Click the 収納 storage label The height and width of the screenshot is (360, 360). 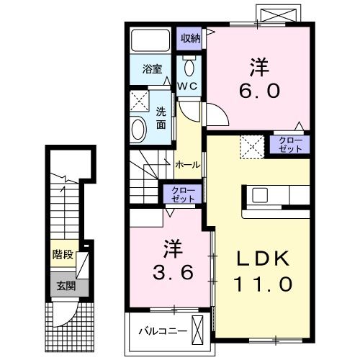coord(191,38)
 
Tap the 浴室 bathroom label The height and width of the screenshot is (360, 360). coord(152,69)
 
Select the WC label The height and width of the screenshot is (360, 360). coord(187,86)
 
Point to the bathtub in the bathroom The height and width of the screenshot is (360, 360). coord(150,40)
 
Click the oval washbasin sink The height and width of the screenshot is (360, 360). coord(138,130)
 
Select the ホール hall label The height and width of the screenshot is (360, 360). coord(188,165)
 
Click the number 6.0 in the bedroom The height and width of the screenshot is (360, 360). coord(259,91)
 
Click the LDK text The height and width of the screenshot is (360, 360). coord(263,258)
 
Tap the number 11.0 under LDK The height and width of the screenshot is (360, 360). coord(263,284)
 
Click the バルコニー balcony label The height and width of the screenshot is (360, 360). coord(163,331)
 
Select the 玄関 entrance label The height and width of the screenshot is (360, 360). coord(66,286)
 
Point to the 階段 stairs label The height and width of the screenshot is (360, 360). coord(63,254)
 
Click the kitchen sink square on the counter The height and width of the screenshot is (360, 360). coord(260,195)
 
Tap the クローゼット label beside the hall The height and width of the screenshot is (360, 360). coord(183,194)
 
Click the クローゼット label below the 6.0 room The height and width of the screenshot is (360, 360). coord(290,145)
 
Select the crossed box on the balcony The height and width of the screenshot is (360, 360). coord(198,330)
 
